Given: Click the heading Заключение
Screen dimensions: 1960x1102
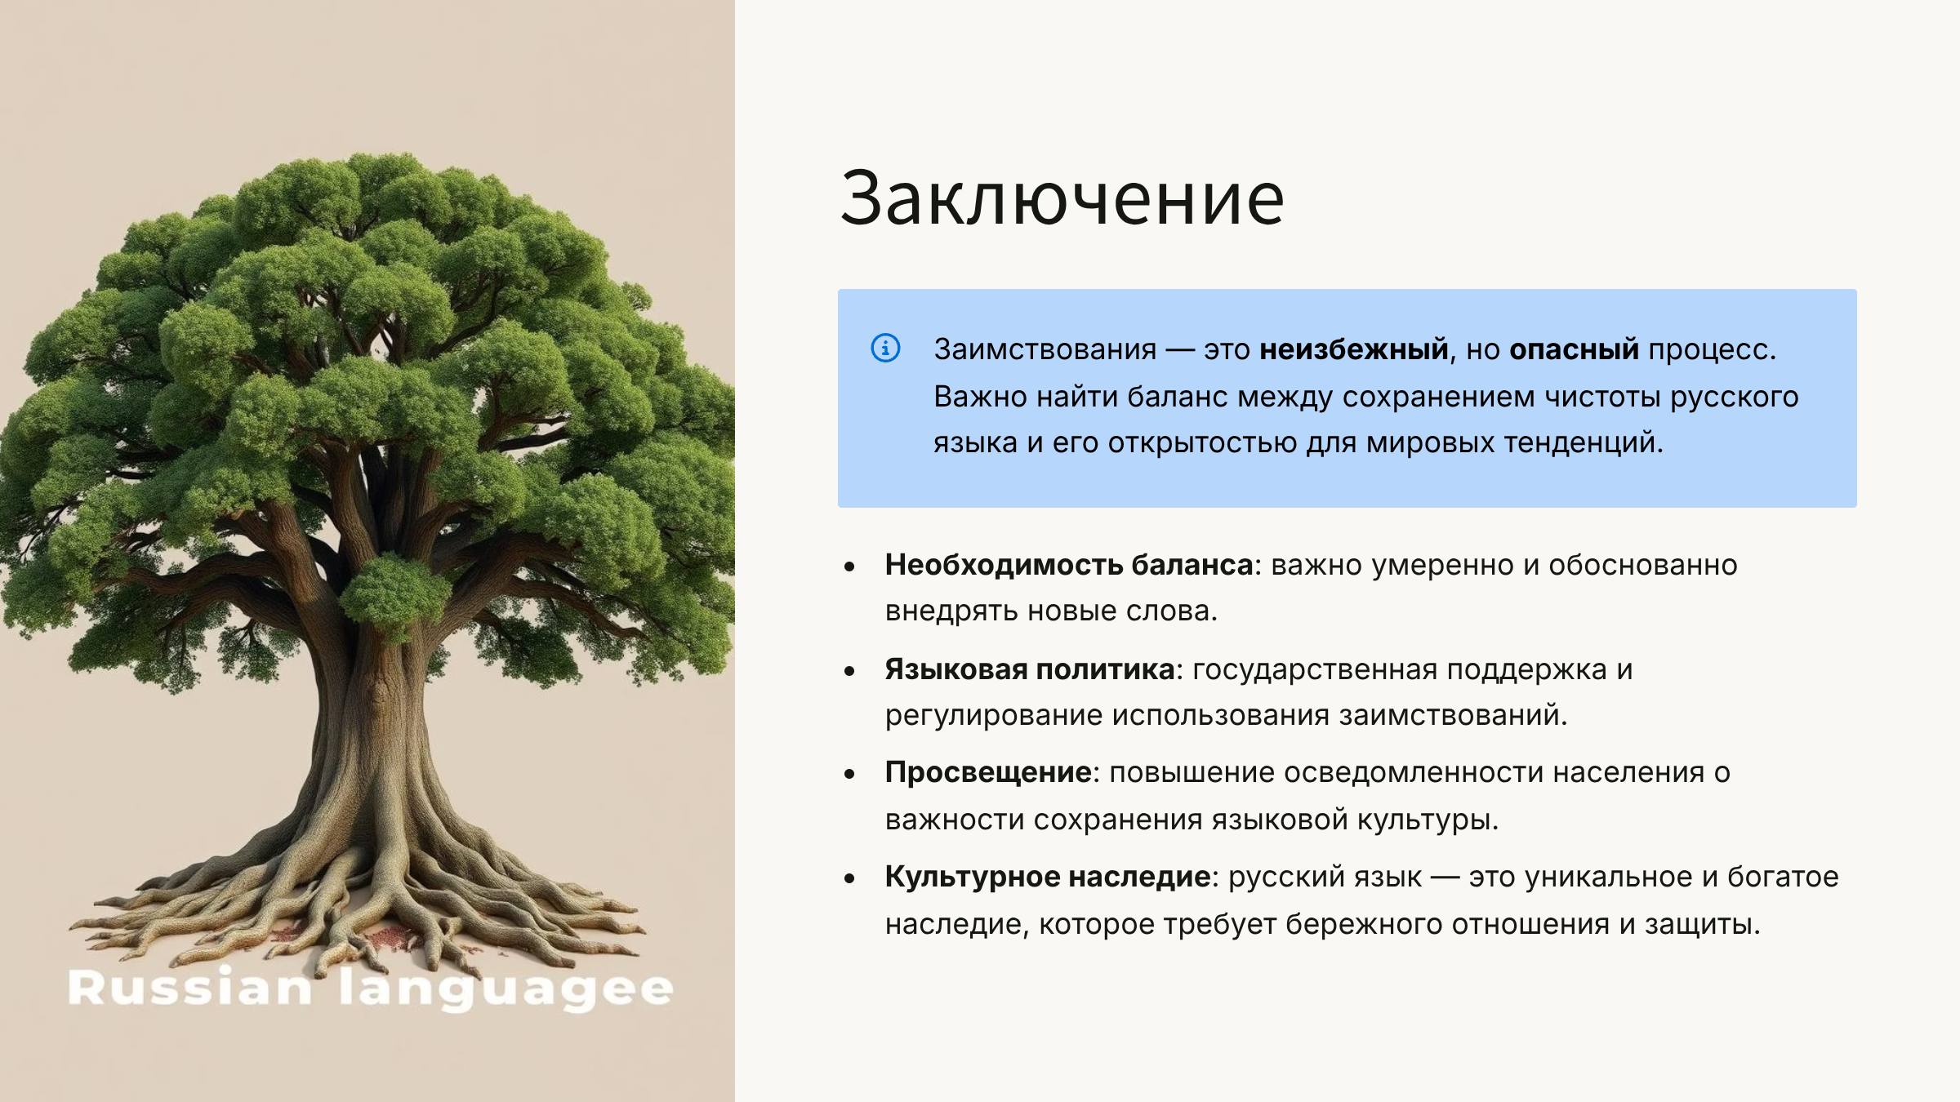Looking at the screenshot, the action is [x=1062, y=198].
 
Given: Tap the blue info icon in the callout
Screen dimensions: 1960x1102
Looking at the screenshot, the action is [x=885, y=348].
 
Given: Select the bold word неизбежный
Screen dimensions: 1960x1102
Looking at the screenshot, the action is [x=1354, y=349].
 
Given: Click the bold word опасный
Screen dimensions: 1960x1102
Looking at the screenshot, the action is [x=1574, y=349].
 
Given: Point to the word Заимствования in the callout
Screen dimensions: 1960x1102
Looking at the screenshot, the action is [x=1045, y=349].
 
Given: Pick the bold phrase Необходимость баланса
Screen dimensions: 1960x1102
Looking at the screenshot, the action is [x=1069, y=565].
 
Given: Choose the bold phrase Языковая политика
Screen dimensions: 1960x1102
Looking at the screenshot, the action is [x=1030, y=669].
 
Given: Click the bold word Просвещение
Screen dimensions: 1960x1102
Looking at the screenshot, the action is [x=988, y=772].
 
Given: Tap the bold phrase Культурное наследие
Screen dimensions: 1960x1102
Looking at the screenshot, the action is [x=1048, y=877].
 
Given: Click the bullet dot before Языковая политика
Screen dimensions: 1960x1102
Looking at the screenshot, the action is [x=849, y=671].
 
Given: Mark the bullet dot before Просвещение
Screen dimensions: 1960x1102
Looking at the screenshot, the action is [x=849, y=774].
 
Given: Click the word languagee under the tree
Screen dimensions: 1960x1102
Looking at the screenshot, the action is [x=506, y=989].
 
